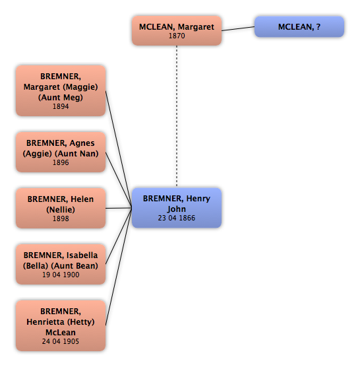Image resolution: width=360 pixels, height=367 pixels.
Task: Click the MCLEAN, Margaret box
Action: pos(177,30)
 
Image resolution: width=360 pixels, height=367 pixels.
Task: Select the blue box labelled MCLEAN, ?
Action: pos(299,26)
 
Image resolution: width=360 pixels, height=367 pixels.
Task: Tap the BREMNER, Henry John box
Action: pos(177,208)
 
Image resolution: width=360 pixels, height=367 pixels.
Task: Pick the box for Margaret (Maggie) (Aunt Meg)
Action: pos(61,90)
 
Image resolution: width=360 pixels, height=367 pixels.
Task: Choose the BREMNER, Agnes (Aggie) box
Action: pos(61,152)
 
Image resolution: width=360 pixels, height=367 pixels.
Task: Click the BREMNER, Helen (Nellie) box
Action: pos(61,208)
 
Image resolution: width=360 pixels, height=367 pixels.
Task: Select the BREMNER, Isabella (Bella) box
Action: pos(61,264)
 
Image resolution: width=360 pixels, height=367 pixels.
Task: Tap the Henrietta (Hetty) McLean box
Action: pos(61,325)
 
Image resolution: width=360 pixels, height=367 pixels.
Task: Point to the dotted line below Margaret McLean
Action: pos(177,116)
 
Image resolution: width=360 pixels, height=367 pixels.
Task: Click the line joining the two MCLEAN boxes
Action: pos(238,28)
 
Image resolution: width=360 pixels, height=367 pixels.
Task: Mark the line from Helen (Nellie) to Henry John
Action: pos(119,208)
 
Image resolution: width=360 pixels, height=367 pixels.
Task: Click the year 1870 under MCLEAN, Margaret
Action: pos(177,36)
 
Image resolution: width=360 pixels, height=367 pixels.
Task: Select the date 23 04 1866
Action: pos(177,218)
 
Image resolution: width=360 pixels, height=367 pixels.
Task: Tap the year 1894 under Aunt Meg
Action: pos(61,106)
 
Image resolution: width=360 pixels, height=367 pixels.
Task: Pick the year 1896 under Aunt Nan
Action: pos(61,162)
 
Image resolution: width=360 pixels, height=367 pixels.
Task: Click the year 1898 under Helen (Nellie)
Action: pos(61,218)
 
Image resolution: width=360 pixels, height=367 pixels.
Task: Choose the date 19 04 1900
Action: pos(61,275)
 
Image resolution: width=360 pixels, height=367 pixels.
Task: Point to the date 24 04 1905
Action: pos(61,341)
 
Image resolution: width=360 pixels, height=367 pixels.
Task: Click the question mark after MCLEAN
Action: pos(318,26)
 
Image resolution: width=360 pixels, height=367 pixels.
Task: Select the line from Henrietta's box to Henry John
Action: pos(119,267)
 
